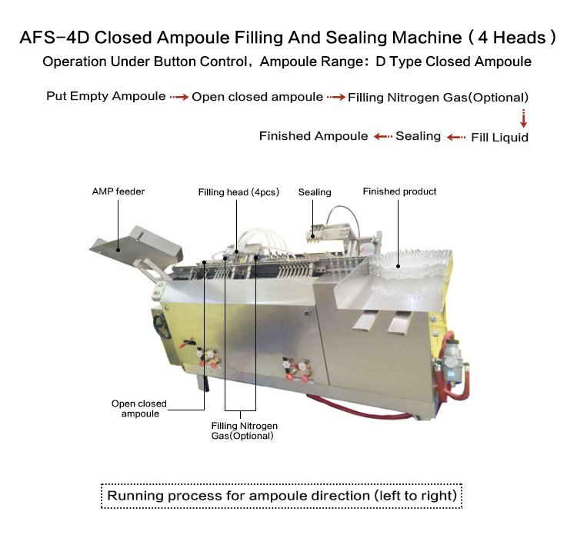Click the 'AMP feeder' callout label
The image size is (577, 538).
(x=118, y=191)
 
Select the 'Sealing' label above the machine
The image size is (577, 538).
(x=314, y=192)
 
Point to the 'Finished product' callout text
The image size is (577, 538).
(x=399, y=191)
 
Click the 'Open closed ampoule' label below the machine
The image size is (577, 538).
(x=138, y=408)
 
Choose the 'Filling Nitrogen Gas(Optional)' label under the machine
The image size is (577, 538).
(x=244, y=430)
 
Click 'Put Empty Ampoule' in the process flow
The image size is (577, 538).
(x=105, y=97)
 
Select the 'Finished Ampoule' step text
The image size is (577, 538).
(x=313, y=136)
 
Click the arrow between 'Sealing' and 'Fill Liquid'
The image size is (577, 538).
(x=457, y=137)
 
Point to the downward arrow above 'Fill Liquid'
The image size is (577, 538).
(x=523, y=118)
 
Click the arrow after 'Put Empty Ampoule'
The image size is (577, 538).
(x=178, y=98)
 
